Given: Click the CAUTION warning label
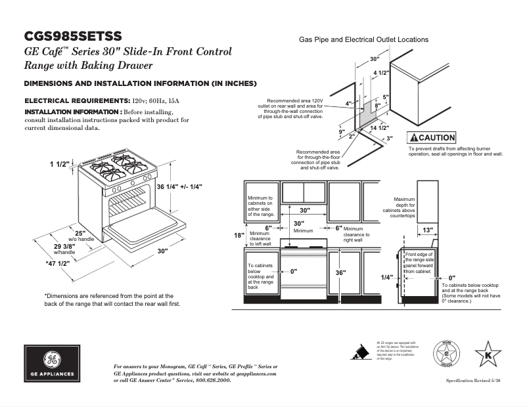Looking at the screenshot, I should coord(431,138).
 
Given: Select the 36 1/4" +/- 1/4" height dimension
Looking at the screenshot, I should coord(179,186).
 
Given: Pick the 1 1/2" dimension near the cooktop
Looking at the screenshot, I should coord(59,163).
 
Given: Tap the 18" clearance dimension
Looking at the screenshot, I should coord(239,235).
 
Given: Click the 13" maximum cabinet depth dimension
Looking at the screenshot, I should coord(427,230).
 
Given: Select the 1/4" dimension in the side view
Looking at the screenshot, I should coord(387,277).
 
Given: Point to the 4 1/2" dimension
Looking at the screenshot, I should coord(382,72).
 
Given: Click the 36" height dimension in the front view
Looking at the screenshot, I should coord(340,272).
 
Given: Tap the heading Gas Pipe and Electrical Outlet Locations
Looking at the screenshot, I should coord(363,39).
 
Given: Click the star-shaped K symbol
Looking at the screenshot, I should coord(488,356).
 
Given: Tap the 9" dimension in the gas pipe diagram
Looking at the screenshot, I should coord(342,131).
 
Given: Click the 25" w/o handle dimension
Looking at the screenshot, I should coord(80,234).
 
